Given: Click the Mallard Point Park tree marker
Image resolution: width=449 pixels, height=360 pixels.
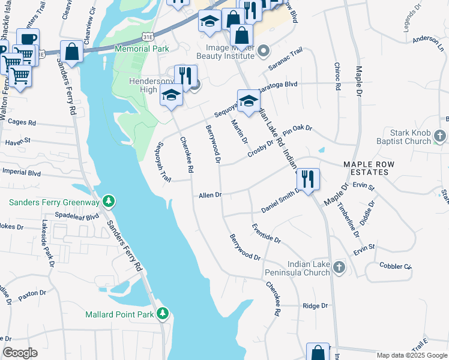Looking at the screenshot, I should (x=162, y=314).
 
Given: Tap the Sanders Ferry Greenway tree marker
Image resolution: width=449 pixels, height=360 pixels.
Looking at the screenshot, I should (x=108, y=200).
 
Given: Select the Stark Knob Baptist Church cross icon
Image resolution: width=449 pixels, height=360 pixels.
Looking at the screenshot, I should (x=440, y=136).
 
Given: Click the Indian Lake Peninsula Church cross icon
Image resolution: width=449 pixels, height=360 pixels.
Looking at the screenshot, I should (x=339, y=268).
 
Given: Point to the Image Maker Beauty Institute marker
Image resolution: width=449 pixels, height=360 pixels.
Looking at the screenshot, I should (x=263, y=53).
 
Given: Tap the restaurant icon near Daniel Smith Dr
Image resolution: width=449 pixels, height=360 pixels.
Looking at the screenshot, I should (x=308, y=179).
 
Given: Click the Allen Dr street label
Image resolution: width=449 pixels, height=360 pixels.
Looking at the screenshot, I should (x=211, y=195).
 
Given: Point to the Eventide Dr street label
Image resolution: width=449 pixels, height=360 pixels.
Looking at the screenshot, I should (x=266, y=233).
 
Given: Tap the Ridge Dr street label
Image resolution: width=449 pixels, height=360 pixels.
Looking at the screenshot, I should (x=315, y=305).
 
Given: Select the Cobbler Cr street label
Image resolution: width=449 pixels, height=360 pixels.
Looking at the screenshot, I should (x=396, y=266).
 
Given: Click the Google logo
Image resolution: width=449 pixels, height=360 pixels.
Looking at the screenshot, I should (x=20, y=353).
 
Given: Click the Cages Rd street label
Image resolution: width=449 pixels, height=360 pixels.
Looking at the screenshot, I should (x=23, y=122).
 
